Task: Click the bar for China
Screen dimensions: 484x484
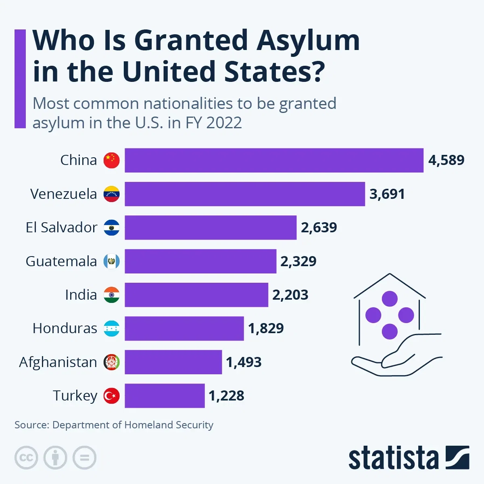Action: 274,160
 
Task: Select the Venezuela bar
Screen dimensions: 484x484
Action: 244,194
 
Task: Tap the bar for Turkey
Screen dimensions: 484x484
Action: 165,396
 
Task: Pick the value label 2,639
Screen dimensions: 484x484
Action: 319,227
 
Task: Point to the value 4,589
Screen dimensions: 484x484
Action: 446,160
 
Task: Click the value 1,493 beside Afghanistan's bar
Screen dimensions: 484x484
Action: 244,362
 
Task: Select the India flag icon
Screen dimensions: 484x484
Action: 112,295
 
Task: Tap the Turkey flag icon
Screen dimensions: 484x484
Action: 112,396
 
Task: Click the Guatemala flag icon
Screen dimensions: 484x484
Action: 112,261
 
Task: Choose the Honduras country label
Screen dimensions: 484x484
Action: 65,328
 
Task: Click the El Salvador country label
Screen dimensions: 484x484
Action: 61,227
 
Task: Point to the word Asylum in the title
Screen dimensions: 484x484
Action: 308,41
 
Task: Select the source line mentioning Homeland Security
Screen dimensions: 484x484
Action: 114,425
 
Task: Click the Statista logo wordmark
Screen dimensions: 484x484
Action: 393,458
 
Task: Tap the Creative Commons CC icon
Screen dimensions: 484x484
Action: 26,458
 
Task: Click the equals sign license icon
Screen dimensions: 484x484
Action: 84,458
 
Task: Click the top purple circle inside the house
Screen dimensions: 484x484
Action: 390,299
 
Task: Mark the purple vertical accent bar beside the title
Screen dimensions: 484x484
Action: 20,79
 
